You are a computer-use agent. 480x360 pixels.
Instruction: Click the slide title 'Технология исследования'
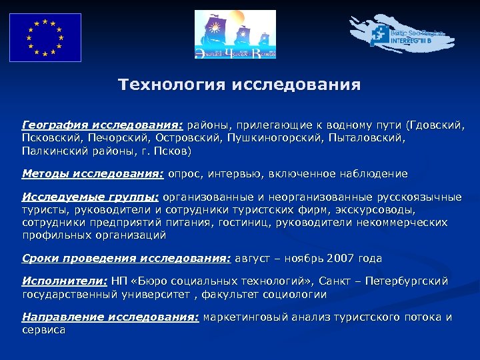(x=239, y=86)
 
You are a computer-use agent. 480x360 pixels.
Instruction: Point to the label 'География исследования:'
(x=103, y=125)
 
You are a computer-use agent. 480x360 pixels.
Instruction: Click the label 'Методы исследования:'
(x=93, y=174)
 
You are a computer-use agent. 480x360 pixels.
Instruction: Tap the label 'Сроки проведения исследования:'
(x=126, y=258)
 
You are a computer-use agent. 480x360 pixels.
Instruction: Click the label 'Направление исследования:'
(x=110, y=318)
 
